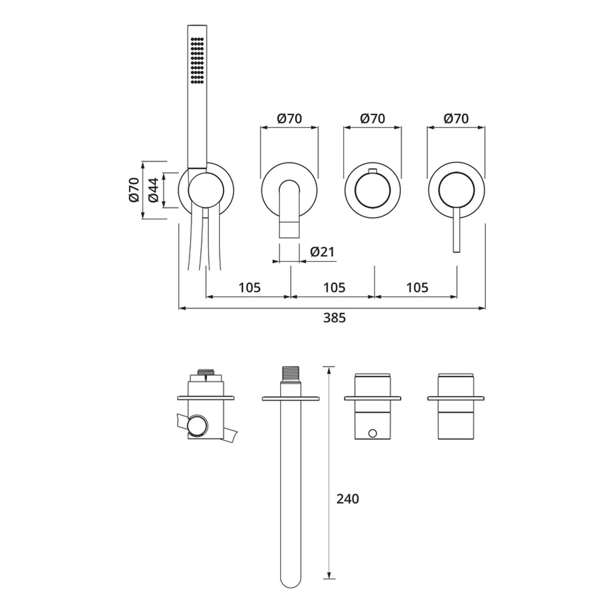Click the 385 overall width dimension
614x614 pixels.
pyautogui.click(x=334, y=318)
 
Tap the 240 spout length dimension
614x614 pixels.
pyautogui.click(x=348, y=499)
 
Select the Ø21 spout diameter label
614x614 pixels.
pyautogui.click(x=323, y=251)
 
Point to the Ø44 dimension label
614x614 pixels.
pyautogui.click(x=153, y=190)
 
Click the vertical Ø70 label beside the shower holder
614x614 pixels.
pyautogui.click(x=134, y=190)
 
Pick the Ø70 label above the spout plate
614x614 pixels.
pyautogui.click(x=289, y=118)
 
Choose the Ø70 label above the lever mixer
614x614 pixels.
pyautogui.click(x=456, y=118)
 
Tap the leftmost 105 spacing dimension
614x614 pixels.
pyautogui.click(x=250, y=288)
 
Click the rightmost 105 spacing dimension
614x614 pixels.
pyautogui.click(x=417, y=288)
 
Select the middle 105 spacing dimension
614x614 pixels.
pyautogui.click(x=334, y=288)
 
